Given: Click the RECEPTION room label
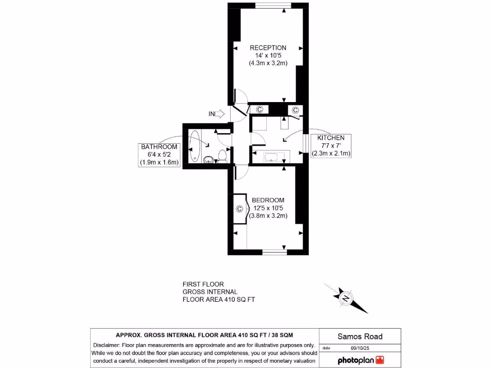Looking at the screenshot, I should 268,47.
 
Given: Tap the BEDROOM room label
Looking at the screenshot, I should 268,200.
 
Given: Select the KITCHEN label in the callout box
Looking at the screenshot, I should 331,138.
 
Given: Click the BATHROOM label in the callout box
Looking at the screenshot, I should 159,147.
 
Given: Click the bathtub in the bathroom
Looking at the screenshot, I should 194,147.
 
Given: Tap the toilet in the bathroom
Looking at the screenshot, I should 222,156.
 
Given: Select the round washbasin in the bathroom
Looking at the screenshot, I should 209,160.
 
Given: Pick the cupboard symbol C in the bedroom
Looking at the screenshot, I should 240,208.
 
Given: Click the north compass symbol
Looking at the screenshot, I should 346,298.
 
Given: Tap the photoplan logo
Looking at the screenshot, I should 361,360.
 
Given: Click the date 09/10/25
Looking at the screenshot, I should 360,348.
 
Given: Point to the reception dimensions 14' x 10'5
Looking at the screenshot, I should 268,56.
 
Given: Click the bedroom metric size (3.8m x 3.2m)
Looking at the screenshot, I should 268,216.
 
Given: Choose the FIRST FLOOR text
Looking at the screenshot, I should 203,284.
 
